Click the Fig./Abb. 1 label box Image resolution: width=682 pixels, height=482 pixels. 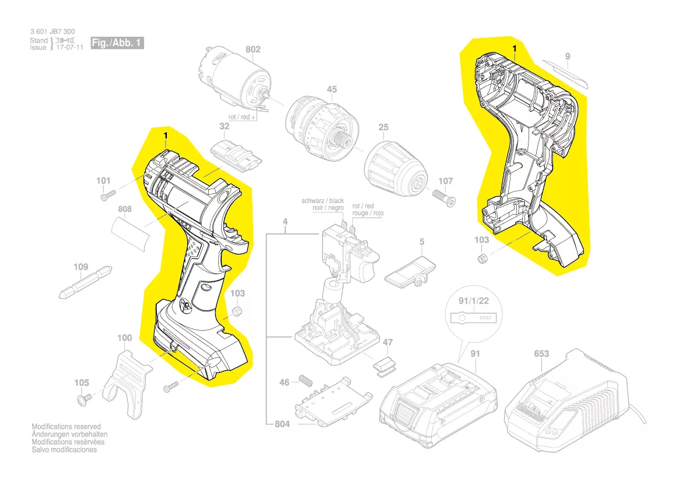coord(117,44)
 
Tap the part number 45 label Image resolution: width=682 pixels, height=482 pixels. coord(331,90)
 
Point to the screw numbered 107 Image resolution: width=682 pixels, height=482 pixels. coord(444,195)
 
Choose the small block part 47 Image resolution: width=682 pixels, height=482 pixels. coord(383,365)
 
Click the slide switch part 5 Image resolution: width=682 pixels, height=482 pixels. coord(412,272)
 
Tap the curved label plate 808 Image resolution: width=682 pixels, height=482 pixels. coord(132,233)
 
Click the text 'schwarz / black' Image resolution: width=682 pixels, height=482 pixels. coord(323,201)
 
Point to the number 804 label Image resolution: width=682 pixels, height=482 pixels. coord(282,424)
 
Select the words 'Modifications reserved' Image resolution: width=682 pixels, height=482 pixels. coord(66,427)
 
